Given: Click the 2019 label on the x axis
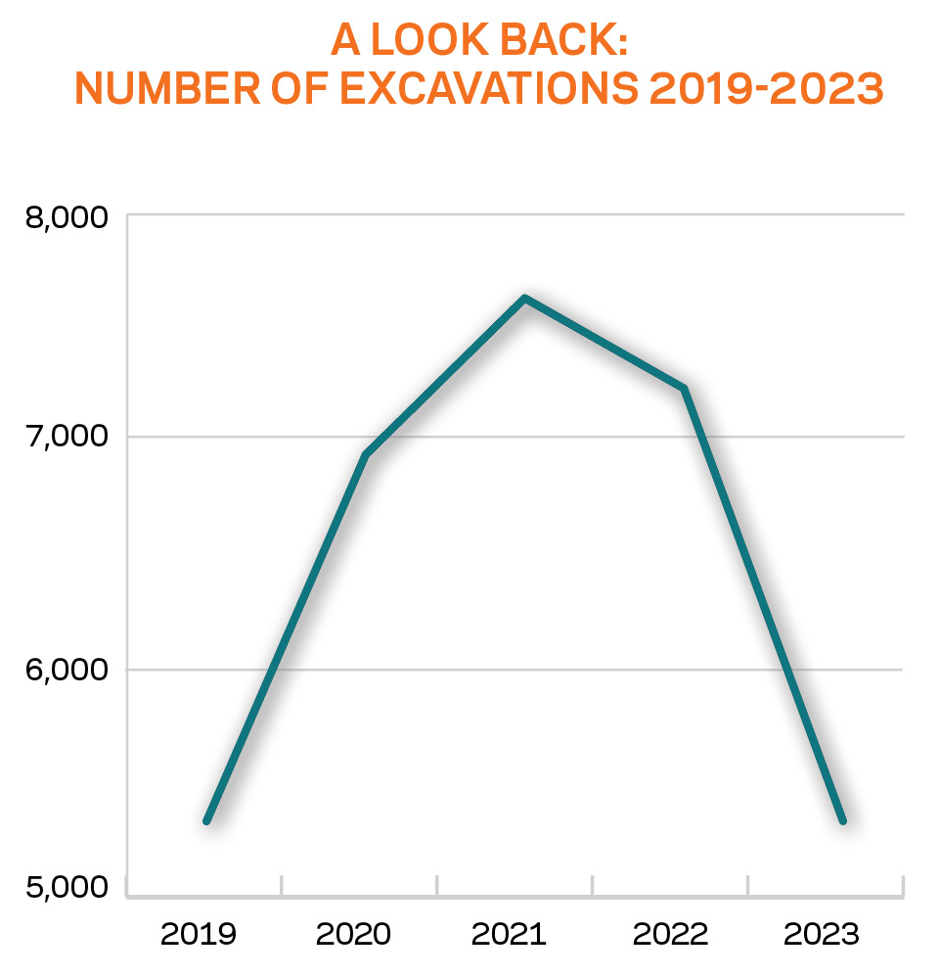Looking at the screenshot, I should [199, 934].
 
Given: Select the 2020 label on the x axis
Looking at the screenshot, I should [353, 934].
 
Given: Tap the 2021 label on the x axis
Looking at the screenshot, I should [509, 934].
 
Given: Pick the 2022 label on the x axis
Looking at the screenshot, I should [670, 934].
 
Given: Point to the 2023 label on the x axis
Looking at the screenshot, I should [822, 934].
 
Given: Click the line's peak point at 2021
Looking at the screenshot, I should [525, 298].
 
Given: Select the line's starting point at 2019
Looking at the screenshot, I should [206, 820].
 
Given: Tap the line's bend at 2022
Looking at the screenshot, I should [685, 389].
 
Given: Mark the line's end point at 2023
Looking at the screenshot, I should [842, 820].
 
